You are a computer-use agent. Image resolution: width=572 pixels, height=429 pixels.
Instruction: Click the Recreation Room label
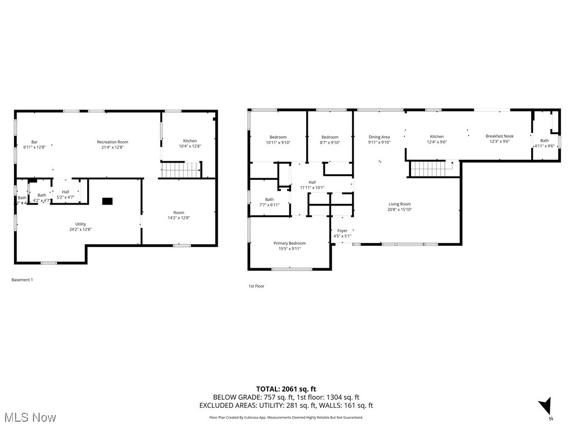coord(112,142)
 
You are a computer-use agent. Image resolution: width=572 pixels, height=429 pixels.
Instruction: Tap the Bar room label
coord(34,142)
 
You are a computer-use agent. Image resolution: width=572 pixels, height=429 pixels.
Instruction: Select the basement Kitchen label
coord(190,141)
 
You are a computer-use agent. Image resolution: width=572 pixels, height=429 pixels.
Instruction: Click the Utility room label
coord(80,224)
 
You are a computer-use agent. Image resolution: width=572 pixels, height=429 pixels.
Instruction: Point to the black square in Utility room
coord(107,201)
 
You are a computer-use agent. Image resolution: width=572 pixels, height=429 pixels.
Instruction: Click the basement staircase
coord(180,169)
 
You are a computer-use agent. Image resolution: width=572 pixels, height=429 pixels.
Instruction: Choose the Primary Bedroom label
coord(289,243)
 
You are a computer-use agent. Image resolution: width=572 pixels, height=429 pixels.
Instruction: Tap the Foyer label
coord(342,231)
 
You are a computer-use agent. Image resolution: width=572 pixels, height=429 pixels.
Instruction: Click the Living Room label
coord(399,204)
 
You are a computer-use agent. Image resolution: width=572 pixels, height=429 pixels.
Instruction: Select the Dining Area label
coord(379,137)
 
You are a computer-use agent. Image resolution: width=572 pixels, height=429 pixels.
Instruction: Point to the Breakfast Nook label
coord(499,136)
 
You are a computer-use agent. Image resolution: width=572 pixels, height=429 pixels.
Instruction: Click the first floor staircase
coord(431,168)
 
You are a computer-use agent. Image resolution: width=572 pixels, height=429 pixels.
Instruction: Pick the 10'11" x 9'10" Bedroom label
coord(278,137)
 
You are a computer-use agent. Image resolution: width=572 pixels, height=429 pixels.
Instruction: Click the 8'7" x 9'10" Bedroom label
coord(330,137)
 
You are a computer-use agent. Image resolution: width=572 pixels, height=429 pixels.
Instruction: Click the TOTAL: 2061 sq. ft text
coord(286,389)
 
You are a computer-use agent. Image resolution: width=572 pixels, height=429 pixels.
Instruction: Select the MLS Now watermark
coord(29,417)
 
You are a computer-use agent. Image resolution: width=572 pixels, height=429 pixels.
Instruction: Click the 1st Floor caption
coord(256,286)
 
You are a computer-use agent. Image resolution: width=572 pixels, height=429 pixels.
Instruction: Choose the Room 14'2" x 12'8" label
coord(179,213)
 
